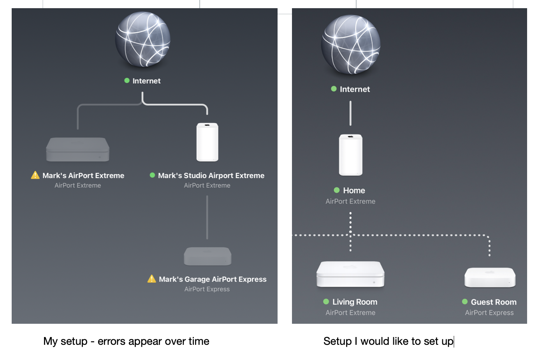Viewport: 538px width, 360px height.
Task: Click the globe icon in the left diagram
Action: (x=143, y=39)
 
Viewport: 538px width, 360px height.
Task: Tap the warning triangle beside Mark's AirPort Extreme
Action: (x=35, y=175)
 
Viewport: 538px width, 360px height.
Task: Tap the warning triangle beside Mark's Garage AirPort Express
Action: (x=152, y=279)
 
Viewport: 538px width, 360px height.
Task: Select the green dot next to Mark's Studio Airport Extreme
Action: (x=153, y=175)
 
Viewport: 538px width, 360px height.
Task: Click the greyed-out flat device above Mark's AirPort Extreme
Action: (x=78, y=150)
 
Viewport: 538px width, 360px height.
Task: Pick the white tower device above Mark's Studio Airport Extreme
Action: (x=207, y=142)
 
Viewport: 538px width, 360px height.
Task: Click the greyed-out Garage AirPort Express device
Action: (x=207, y=256)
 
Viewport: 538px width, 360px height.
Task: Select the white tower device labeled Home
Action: (x=350, y=155)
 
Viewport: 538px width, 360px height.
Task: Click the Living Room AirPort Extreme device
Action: (x=350, y=274)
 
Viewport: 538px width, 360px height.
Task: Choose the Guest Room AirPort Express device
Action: (x=490, y=277)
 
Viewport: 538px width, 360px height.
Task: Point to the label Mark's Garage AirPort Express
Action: (x=213, y=279)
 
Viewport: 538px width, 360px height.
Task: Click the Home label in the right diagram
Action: (x=354, y=191)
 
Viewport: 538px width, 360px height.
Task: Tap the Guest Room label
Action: (x=494, y=302)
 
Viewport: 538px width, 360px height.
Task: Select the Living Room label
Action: (x=355, y=302)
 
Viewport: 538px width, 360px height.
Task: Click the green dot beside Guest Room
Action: (x=465, y=302)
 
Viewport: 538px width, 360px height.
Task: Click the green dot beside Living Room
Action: (x=326, y=302)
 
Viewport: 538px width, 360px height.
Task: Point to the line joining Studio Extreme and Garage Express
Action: (x=207, y=217)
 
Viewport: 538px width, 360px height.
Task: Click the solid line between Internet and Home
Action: (x=350, y=113)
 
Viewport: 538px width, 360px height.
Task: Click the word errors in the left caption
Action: (x=112, y=341)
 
